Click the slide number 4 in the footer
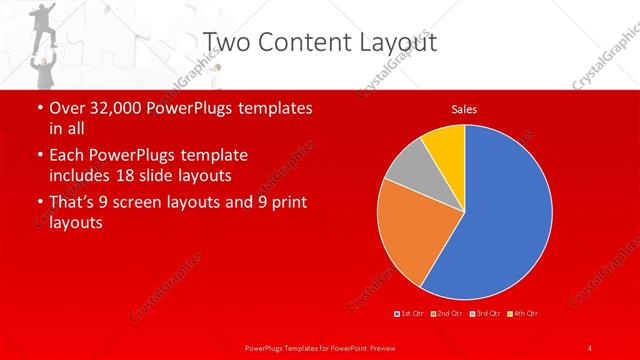[x=590, y=347]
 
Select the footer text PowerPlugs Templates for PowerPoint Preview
[x=320, y=347]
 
